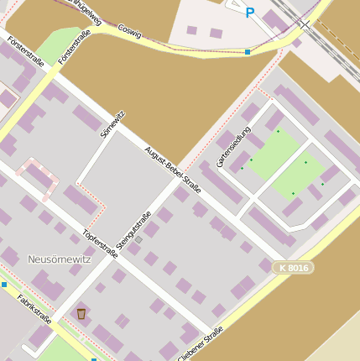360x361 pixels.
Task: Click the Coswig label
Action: pos(129,29)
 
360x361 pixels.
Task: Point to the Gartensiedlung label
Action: pos(233,148)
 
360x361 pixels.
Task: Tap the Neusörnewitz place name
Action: pos(60,259)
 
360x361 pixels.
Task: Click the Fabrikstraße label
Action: pos(34,308)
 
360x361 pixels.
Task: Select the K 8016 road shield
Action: pos(294,268)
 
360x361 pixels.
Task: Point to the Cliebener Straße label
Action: pos(201,344)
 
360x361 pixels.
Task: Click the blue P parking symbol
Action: pos(249,12)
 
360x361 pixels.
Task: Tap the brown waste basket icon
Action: pos(81,313)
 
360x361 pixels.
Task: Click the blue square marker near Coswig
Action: pos(248,52)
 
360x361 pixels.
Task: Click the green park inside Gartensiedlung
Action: pos(285,164)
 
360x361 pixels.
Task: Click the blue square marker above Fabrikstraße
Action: pos(4,285)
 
